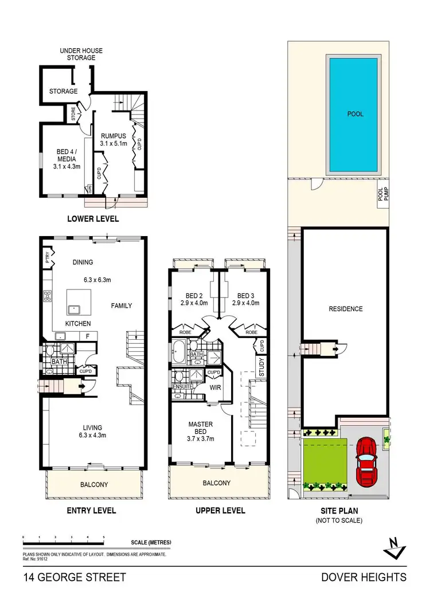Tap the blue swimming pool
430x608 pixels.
[x=355, y=115]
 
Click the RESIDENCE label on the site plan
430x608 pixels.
[x=346, y=309]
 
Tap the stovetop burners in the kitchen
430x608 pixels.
[x=48, y=297]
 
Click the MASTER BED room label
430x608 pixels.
[x=201, y=428]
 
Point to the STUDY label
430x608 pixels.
[x=261, y=365]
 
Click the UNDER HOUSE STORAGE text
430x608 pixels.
[x=77, y=54]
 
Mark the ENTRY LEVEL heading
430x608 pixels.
[x=92, y=510]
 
